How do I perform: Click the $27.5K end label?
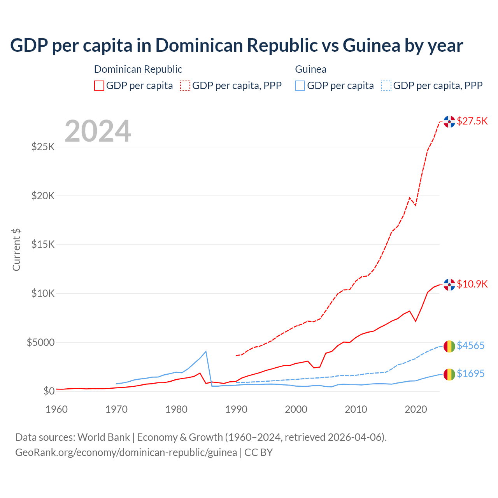(472, 121)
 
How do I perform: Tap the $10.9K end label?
(472, 284)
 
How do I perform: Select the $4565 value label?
(470, 345)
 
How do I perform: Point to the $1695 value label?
(470, 373)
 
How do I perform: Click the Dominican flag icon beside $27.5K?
(449, 122)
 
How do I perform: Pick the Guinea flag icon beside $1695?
(449, 374)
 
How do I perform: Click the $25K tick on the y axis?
(43, 147)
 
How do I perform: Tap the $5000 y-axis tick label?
(40, 342)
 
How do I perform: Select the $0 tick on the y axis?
(49, 391)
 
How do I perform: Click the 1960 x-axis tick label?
(56, 409)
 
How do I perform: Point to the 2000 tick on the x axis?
(296, 409)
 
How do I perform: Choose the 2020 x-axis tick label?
(416, 409)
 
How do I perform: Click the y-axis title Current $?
(16, 250)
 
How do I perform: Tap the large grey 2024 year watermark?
(98, 131)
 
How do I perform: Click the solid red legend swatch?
(99, 86)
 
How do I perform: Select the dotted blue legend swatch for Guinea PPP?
(386, 86)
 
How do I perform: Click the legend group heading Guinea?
(310, 69)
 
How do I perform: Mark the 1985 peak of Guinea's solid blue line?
(206, 351)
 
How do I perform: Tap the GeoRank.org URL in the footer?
(126, 452)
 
